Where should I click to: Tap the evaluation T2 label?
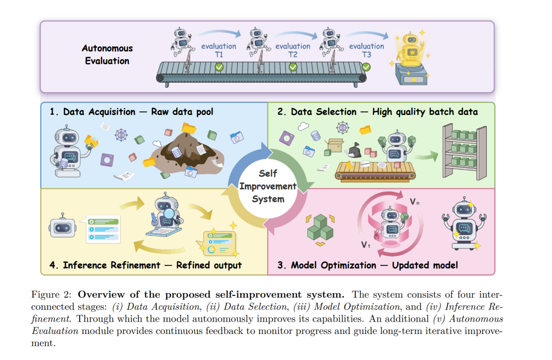[x=292, y=50]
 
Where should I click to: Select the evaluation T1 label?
[x=219, y=50]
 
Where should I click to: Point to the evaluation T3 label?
[x=366, y=50]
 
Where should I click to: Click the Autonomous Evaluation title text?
[x=107, y=54]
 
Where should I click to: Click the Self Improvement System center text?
[x=267, y=186]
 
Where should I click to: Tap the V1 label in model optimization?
[x=365, y=245]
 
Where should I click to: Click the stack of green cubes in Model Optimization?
[x=320, y=228]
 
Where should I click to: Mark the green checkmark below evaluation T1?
[x=219, y=67]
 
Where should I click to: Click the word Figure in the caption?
[x=44, y=294]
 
